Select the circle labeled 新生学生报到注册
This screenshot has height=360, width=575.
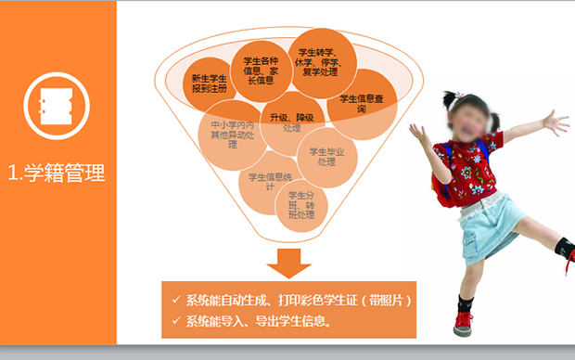coord(207,83)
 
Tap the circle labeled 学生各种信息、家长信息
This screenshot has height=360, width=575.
coord(260,68)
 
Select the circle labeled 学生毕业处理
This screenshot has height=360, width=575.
coord(326,156)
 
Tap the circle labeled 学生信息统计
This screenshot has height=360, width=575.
coord(270,181)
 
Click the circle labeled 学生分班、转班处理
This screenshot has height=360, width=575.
coord(301,205)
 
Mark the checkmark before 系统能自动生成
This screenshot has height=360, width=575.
coord(176,301)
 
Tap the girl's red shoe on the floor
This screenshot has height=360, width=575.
coord(463,324)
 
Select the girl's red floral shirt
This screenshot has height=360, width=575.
coord(473,167)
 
